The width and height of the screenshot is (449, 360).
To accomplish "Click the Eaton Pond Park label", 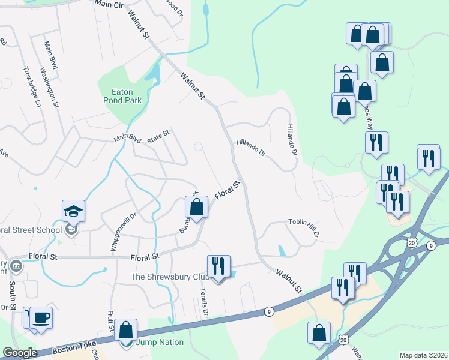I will coord(127,96).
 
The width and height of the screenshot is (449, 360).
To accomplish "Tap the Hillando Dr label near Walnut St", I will coord(251,147).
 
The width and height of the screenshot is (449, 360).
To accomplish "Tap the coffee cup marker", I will coord(41,317).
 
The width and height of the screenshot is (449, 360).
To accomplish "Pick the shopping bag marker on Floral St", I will coord(196,208).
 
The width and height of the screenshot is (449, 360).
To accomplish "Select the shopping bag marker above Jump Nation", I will coord(126,330).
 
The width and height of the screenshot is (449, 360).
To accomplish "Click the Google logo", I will coord(19,353).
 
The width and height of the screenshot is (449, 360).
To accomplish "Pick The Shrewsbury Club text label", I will coord(170,277).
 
